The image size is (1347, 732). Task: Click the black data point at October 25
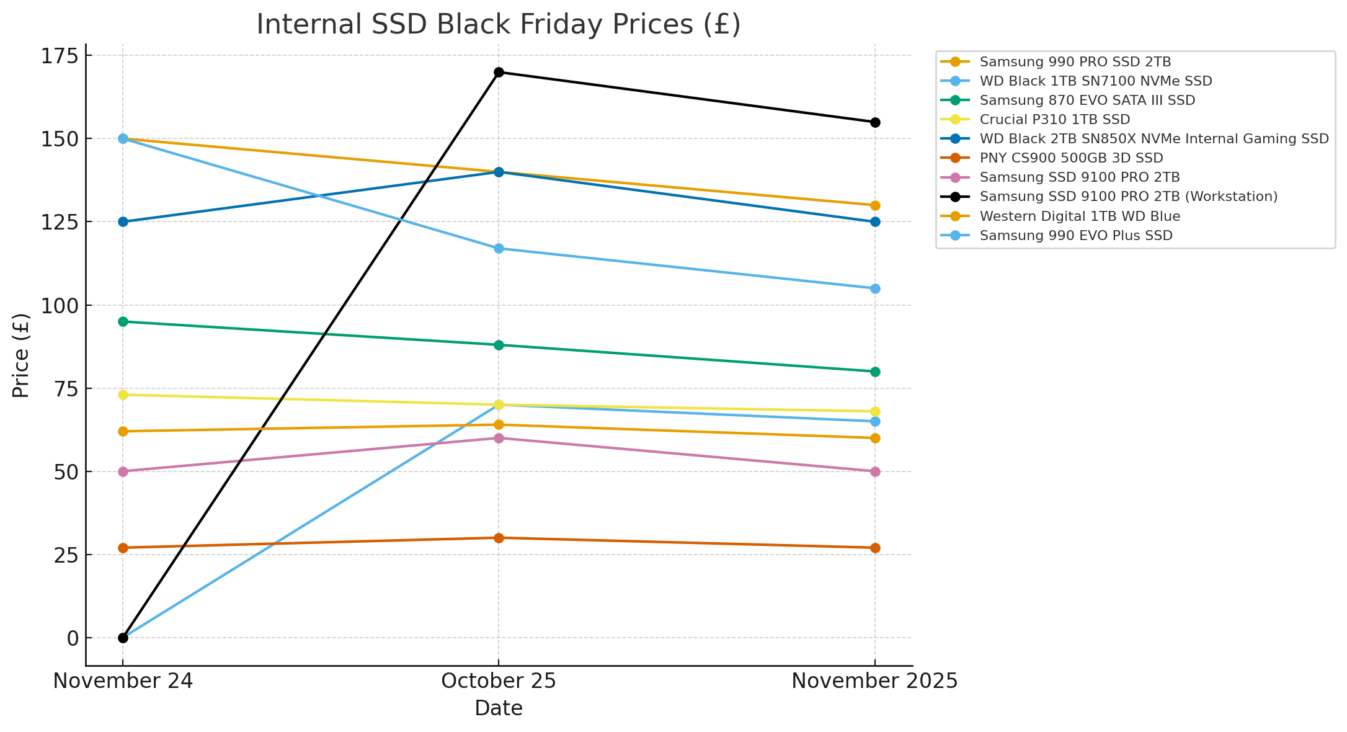tap(499, 72)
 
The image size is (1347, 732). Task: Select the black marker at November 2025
tap(875, 122)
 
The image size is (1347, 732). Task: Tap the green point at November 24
tap(123, 321)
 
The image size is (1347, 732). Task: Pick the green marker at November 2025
tap(875, 372)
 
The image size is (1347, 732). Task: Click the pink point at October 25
tap(499, 438)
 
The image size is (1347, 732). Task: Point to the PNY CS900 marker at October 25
tap(499, 538)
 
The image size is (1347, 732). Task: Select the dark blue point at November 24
tap(123, 221)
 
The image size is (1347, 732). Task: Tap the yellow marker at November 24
tap(123, 395)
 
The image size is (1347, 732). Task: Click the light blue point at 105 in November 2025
tap(875, 288)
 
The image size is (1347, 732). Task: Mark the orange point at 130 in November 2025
tap(875, 205)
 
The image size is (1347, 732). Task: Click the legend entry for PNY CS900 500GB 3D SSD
tap(1071, 158)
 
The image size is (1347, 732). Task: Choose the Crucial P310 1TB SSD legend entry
tap(1054, 120)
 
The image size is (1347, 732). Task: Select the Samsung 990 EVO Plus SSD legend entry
tap(1076, 236)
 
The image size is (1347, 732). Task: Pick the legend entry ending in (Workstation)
tap(1128, 197)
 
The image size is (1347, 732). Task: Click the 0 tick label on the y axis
tap(73, 638)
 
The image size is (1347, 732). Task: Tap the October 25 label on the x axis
tap(499, 682)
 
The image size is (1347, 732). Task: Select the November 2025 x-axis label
tap(874, 682)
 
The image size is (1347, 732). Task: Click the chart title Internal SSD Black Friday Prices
tap(499, 25)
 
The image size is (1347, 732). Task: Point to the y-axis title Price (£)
tap(21, 355)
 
